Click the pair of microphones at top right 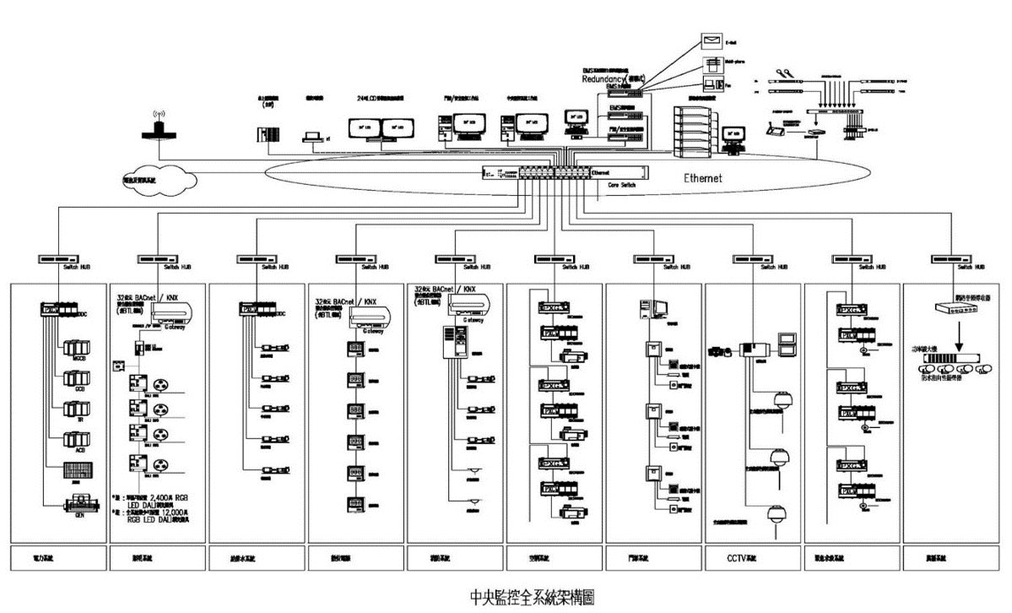[x=787, y=73]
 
